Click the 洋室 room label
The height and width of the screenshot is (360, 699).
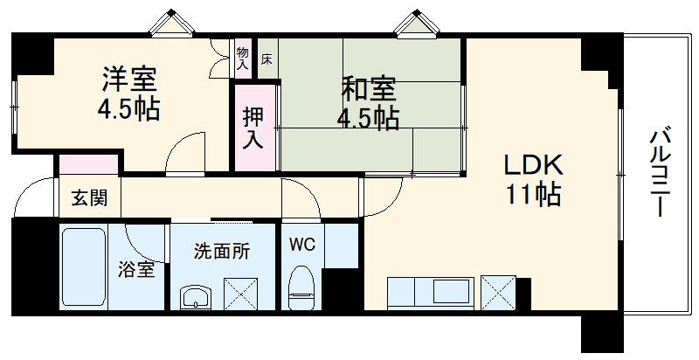pos(128,80)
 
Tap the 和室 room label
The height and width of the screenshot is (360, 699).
pos(368,88)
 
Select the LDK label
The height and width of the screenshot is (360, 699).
pos(532,165)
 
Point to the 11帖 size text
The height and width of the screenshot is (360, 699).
pos(532,195)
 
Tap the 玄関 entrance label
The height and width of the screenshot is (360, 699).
pos(88,198)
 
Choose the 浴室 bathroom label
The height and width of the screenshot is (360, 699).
pos(136,269)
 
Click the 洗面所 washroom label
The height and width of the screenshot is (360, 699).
pos(221,253)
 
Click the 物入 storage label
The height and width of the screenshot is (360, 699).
pos(242,58)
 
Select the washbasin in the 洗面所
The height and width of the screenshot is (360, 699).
pos(197,294)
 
